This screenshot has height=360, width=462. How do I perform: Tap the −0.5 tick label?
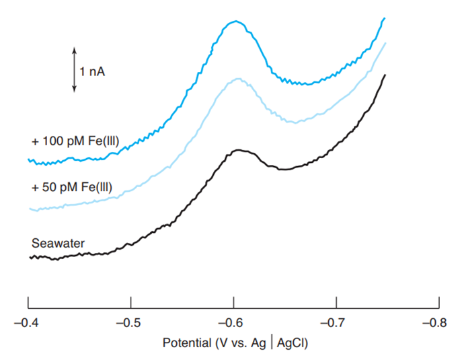coord(130,322)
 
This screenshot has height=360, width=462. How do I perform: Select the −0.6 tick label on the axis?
coord(233,322)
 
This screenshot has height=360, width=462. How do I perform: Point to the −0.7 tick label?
coord(336,322)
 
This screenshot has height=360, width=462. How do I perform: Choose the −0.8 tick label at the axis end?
coord(438,322)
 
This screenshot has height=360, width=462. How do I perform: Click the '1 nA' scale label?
coord(93,70)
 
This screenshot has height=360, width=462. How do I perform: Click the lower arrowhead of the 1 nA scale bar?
coord(75,89)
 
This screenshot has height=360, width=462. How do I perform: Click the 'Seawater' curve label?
coord(59,243)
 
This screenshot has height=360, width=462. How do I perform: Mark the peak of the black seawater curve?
coord(237,150)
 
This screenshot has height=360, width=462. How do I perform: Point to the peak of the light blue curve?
coord(237,79)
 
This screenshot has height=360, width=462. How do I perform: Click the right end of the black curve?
coord(385,75)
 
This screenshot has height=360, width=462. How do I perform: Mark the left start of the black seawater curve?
coord(30,257)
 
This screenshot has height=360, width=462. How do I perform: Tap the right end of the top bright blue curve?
coord(384,19)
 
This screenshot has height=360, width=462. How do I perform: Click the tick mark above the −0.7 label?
coord(336,300)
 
